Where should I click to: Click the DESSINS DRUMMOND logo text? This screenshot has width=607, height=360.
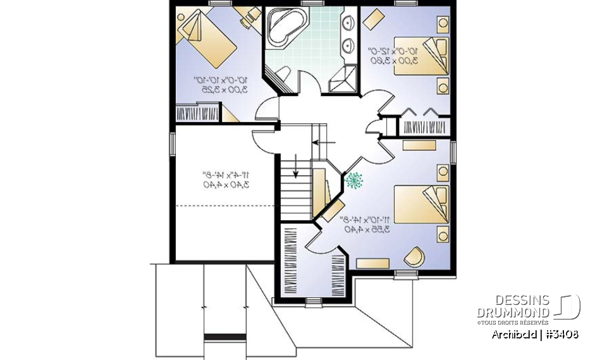pyautogui.click(x=513, y=306)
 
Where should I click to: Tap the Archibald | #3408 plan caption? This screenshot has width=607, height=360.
pyautogui.click(x=534, y=334)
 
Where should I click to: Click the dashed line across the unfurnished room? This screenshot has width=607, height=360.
pyautogui.click(x=226, y=206)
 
